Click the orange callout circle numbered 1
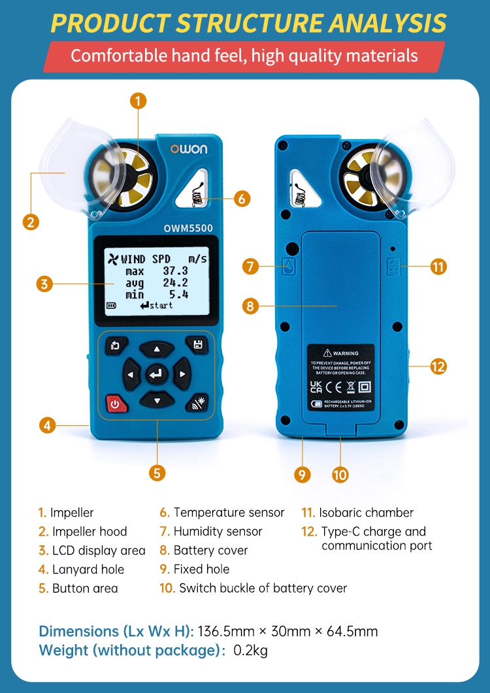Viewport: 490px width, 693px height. [138, 101]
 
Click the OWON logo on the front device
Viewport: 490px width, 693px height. [189, 149]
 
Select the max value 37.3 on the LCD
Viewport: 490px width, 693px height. [175, 271]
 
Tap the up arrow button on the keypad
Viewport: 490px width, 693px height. [156, 350]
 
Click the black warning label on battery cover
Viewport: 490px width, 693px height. [341, 378]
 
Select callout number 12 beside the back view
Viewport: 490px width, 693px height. [438, 366]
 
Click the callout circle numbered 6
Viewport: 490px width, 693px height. [242, 199]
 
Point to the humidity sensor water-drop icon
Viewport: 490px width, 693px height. [288, 266]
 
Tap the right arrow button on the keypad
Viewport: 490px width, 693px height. [182, 375]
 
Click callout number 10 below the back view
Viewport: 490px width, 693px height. [340, 475]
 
